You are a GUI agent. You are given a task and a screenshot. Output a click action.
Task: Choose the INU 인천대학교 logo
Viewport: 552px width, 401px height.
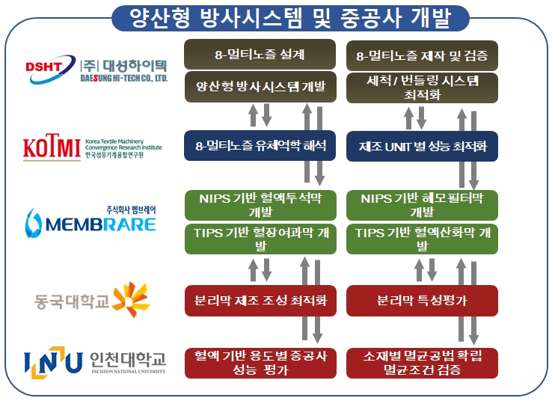pyautogui.click(x=94, y=362)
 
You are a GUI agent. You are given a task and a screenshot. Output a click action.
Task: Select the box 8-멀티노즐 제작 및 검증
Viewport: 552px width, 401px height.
pyautogui.click(x=422, y=55)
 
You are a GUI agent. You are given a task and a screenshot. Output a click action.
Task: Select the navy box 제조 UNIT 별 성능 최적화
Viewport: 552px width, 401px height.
pyautogui.click(x=422, y=146)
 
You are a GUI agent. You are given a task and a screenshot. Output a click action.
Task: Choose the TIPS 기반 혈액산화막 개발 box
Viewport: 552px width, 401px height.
pyautogui.click(x=422, y=239)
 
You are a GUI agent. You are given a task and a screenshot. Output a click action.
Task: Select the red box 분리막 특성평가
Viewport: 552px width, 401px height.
pyautogui.click(x=422, y=300)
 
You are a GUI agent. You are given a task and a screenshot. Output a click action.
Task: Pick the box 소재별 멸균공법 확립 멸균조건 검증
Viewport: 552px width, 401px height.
pyautogui.click(x=422, y=362)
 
